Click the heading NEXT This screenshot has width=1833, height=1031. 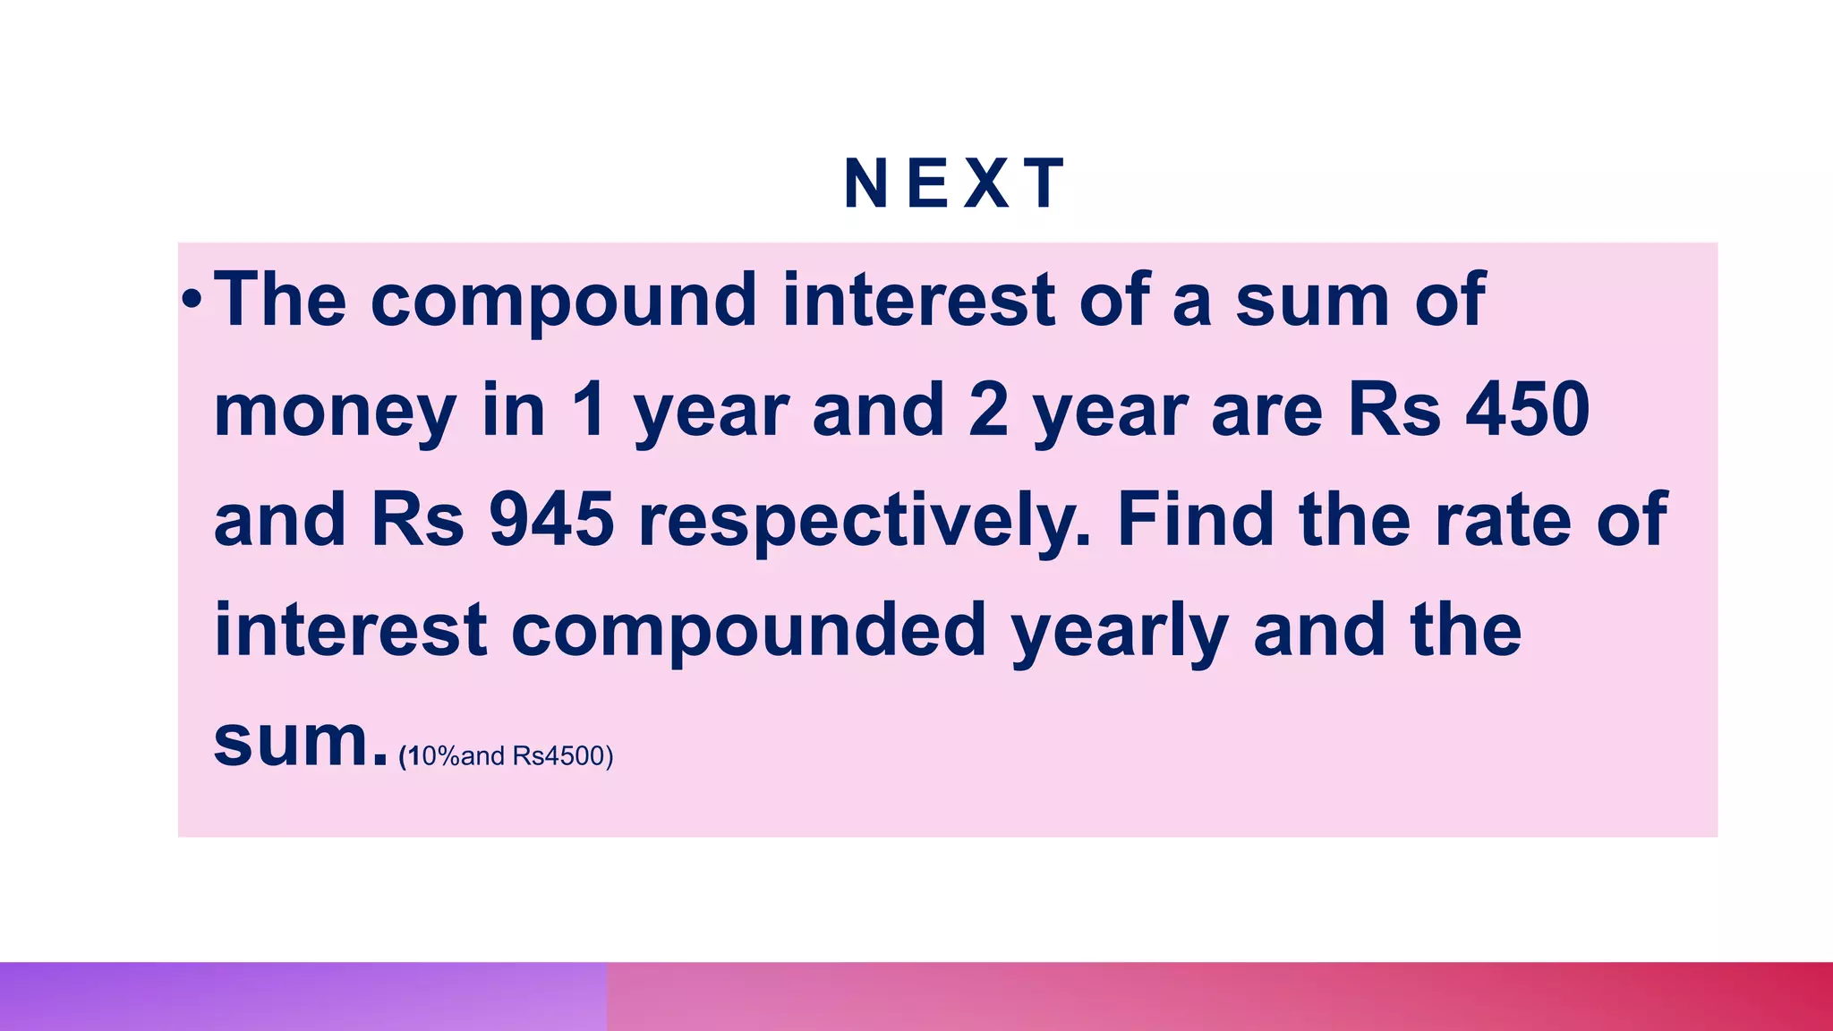tap(955, 184)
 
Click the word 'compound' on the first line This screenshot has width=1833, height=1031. tap(564, 300)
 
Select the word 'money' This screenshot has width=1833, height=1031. tap(335, 412)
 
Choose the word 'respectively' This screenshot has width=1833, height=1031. tap(865, 522)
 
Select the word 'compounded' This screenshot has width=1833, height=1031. tap(748, 630)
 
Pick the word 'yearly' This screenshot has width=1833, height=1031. tap(1120, 633)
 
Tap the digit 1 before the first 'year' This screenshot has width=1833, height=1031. tap(590, 410)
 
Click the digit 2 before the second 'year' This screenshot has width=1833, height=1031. tap(988, 410)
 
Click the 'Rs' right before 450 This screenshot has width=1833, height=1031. tap(1394, 410)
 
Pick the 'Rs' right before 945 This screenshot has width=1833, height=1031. tap(418, 520)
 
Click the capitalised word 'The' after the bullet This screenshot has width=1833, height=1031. tap(280, 300)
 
